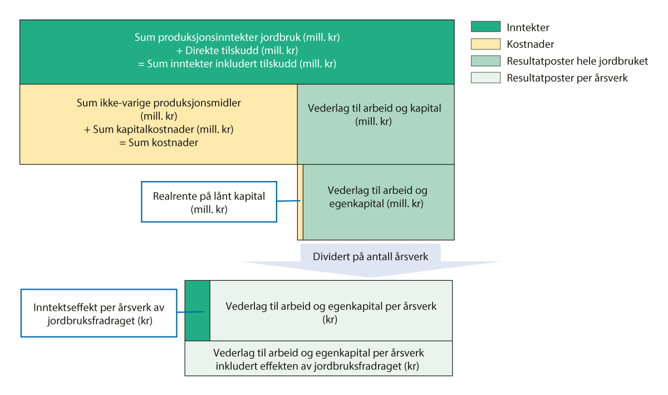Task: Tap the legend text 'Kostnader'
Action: pos(530,44)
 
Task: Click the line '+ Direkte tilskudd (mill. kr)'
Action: pos(237,51)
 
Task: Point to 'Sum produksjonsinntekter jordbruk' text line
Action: pos(237,38)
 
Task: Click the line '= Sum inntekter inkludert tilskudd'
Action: pos(237,64)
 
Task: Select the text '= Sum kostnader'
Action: pos(158,142)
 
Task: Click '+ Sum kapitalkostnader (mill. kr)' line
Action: pos(158,129)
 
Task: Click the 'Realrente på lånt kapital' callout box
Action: pos(209,202)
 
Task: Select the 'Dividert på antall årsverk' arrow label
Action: pos(371,257)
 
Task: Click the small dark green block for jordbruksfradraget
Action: pos(197,310)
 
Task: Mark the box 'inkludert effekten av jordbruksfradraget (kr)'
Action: pos(318,359)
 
